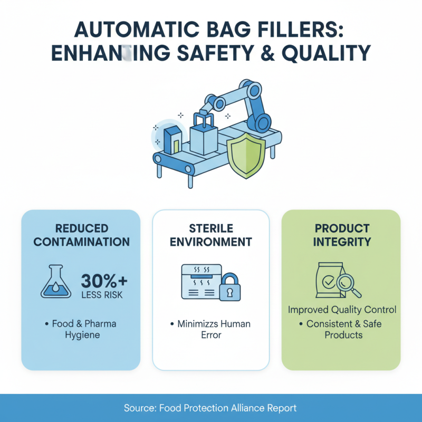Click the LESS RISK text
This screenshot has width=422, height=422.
[x=102, y=294]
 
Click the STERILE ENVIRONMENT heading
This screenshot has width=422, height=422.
[x=211, y=235]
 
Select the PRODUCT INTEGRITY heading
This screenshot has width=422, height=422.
[x=342, y=235]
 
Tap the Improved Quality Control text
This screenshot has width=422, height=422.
[x=342, y=310]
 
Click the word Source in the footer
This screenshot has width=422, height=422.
[x=138, y=408]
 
